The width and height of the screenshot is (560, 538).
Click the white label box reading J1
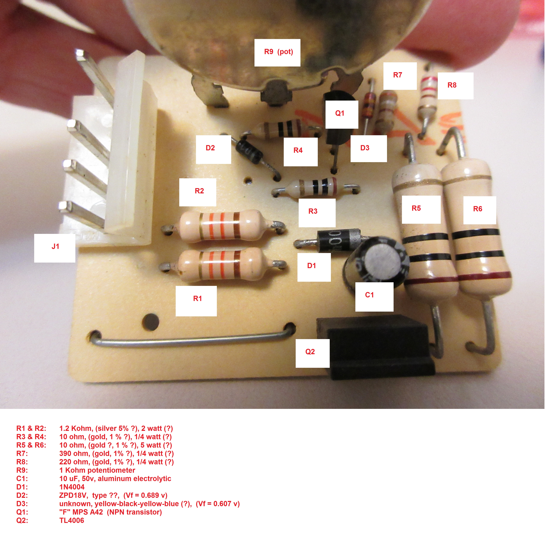[55, 248]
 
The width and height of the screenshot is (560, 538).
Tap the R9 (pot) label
[277, 53]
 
